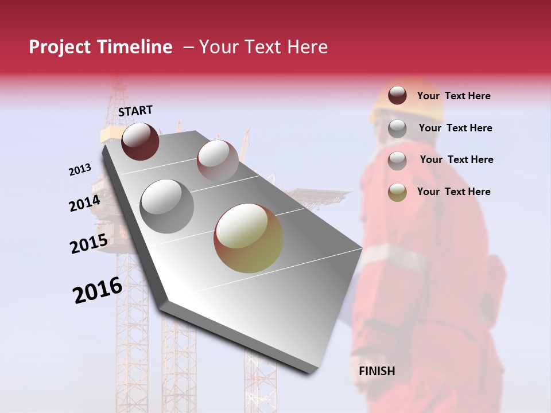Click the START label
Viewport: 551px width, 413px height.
pyautogui.click(x=135, y=111)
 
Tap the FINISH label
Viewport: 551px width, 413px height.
pyautogui.click(x=377, y=371)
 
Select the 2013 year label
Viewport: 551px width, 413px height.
pyautogui.click(x=80, y=170)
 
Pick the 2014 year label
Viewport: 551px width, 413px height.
pyautogui.click(x=84, y=203)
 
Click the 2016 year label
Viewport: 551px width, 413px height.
pyautogui.click(x=98, y=290)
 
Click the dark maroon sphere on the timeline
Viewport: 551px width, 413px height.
pyautogui.click(x=140, y=141)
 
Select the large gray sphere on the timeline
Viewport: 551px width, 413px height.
pyautogui.click(x=167, y=206)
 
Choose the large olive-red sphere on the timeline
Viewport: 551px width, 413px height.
pyautogui.click(x=249, y=238)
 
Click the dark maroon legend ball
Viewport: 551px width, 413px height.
pyautogui.click(x=397, y=95)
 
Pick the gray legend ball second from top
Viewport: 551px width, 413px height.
pyautogui.click(x=397, y=128)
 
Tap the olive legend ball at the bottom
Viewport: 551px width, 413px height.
pyautogui.click(x=397, y=192)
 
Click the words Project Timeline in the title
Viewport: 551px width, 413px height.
pyautogui.click(x=100, y=47)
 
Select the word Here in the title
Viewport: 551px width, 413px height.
pyautogui.click(x=306, y=47)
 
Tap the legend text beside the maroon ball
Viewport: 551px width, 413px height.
pyautogui.click(x=453, y=96)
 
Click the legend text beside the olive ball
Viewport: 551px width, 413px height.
pyautogui.click(x=453, y=192)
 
